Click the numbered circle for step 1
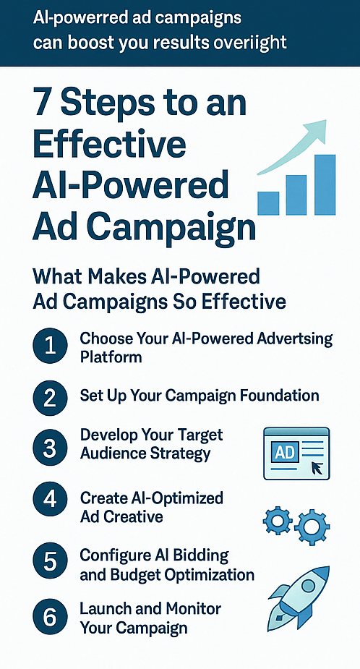pyautogui.click(x=50, y=346)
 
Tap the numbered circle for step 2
pyautogui.click(x=50, y=398)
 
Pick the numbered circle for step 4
pyautogui.click(x=50, y=499)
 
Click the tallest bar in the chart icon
pyautogui.click(x=325, y=184)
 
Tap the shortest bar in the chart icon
pyautogui.click(x=268, y=203)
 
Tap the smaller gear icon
pyautogui.click(x=278, y=521)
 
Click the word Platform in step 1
pyautogui.click(x=111, y=357)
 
